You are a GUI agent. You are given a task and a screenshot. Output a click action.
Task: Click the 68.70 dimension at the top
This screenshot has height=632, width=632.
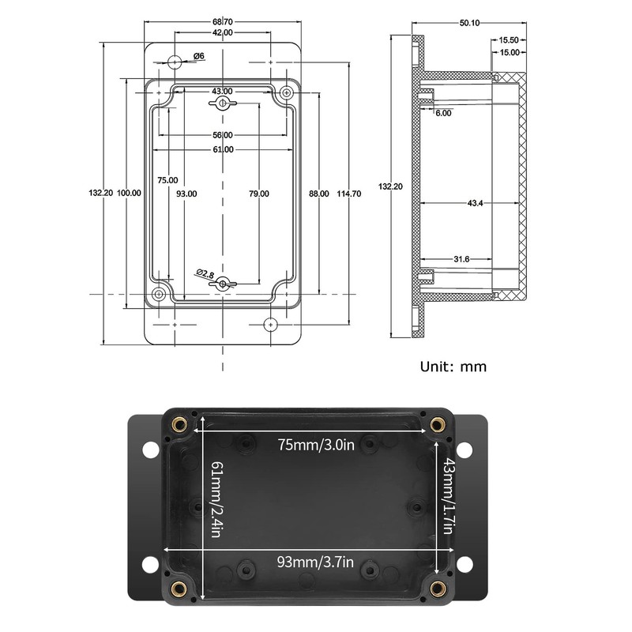tap(223, 21)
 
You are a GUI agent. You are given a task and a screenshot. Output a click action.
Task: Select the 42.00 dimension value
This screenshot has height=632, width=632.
tap(223, 32)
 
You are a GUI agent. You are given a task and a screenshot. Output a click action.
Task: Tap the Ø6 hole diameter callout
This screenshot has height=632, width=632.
tap(199, 56)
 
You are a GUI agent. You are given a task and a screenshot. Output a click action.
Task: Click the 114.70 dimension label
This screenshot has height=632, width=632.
tap(349, 193)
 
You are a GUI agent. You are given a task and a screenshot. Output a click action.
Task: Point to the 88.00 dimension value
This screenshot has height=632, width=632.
tap(318, 193)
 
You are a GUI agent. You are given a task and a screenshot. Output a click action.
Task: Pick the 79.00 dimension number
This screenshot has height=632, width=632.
tap(259, 193)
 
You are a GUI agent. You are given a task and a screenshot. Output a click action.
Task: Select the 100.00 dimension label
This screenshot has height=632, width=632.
tap(128, 193)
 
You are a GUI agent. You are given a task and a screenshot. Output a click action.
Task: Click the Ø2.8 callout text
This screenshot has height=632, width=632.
tap(205, 273)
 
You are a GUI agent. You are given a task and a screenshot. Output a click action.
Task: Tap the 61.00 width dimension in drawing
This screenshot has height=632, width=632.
tap(223, 149)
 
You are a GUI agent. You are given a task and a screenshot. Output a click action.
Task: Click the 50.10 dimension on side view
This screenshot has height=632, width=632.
tap(470, 23)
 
